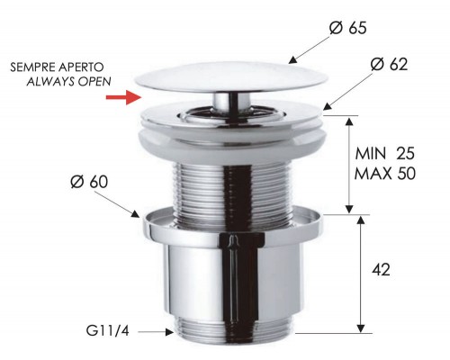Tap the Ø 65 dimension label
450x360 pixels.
(347, 28)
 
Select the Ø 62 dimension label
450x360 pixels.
(389, 64)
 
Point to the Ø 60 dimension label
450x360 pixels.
(89, 182)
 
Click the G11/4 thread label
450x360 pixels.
(107, 331)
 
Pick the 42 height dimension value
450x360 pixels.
(381, 270)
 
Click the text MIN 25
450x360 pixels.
(385, 153)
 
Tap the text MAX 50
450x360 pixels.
(385, 174)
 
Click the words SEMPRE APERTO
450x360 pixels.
(57, 67)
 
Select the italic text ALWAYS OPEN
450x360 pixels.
(68, 81)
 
